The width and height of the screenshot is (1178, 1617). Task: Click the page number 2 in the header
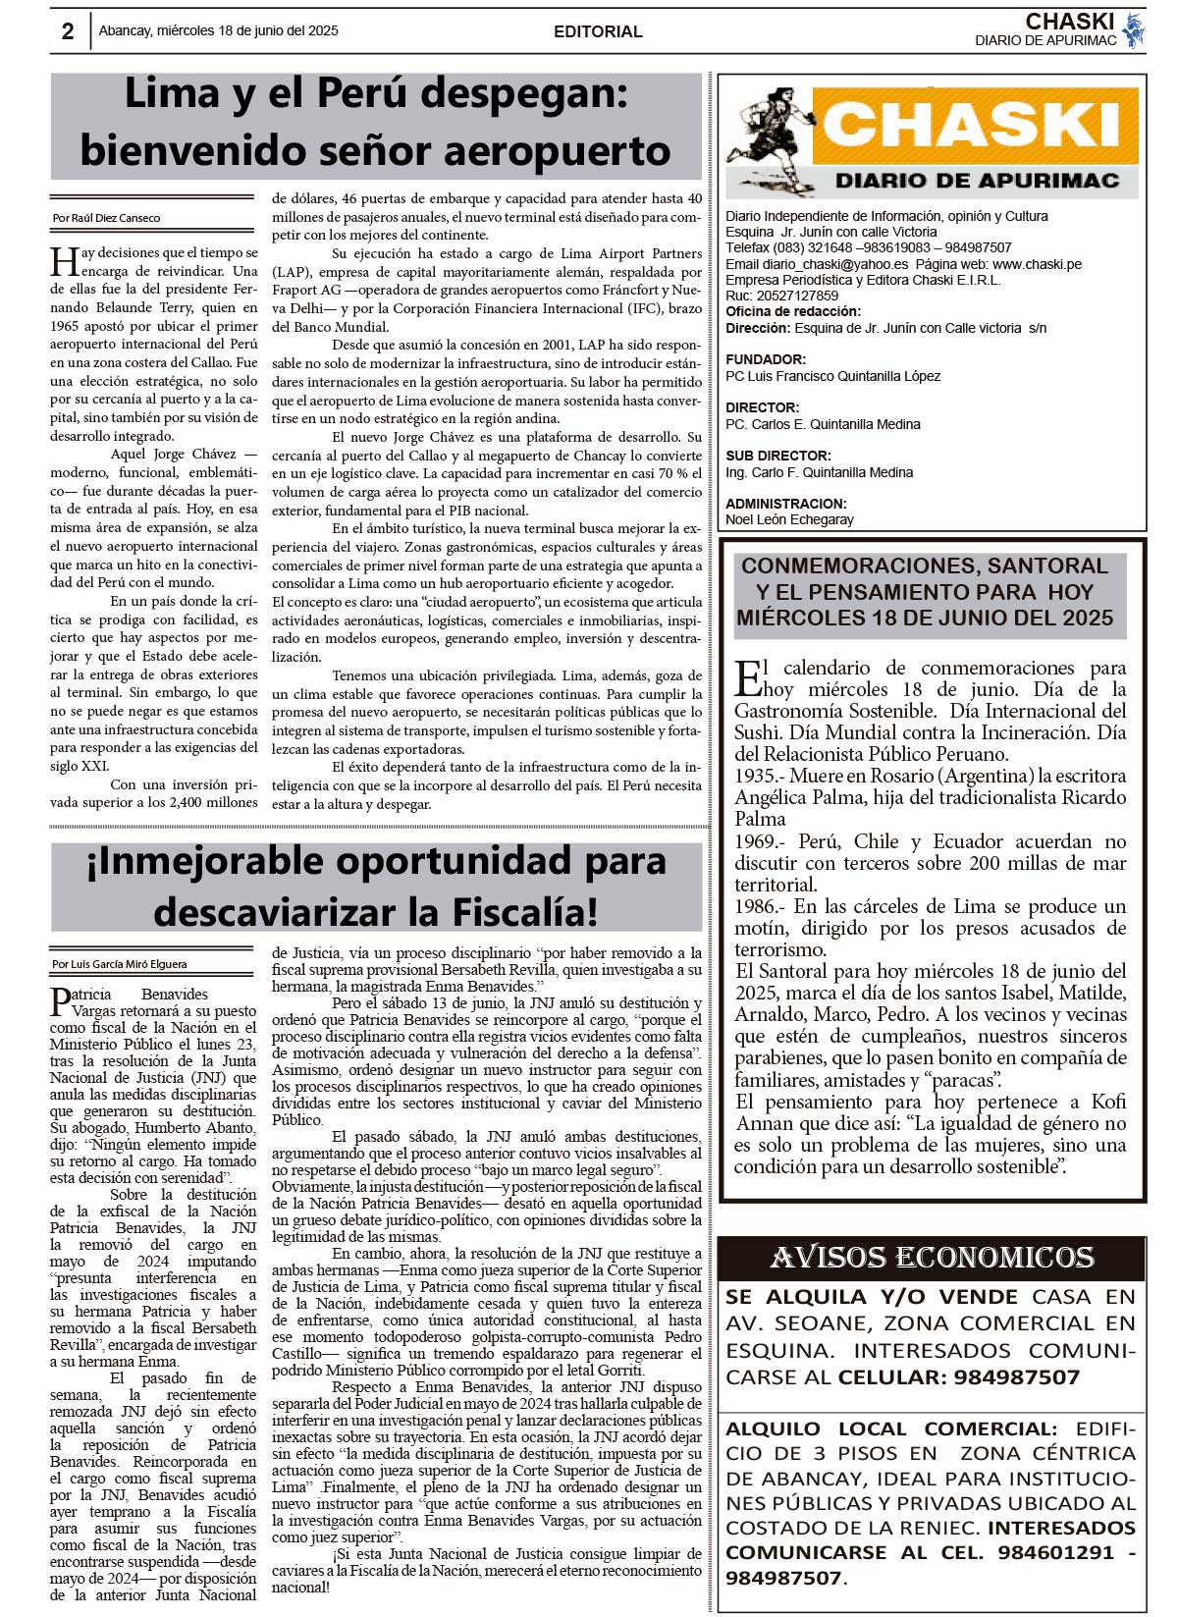[x=68, y=31]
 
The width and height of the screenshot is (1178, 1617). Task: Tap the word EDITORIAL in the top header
[x=598, y=31]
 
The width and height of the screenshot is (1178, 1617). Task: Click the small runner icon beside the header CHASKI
[x=1135, y=30]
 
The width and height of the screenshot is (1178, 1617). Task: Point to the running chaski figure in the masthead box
[x=767, y=138]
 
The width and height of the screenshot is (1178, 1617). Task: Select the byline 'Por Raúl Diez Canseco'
[x=106, y=218]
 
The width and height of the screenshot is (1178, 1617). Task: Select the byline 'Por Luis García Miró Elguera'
[x=120, y=964]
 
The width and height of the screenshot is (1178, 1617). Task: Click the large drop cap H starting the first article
[x=64, y=262]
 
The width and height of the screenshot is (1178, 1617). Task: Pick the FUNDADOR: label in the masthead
[x=766, y=359]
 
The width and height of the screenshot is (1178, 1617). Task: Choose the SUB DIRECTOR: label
[x=778, y=456]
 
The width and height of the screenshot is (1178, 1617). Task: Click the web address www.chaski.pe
[x=1037, y=264]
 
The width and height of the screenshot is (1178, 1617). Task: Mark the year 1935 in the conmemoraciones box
[x=757, y=776]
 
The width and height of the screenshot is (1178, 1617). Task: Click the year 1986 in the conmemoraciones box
[x=757, y=906]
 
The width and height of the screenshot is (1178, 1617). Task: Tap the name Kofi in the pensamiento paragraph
[x=1107, y=1102]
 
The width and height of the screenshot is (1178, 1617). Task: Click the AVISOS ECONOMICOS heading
[x=932, y=1257]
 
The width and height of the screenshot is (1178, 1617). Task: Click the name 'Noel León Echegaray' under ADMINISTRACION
[x=789, y=519]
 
